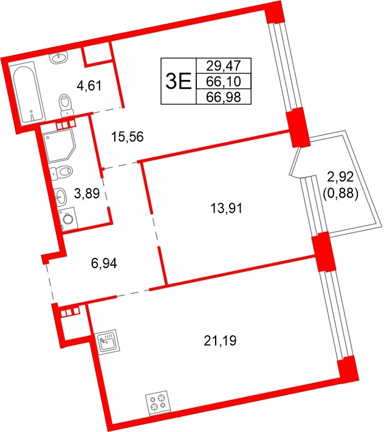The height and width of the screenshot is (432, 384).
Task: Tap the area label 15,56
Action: (128, 137)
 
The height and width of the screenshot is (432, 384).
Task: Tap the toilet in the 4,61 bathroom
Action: (64, 104)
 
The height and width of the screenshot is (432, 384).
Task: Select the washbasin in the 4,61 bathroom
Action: (59, 58)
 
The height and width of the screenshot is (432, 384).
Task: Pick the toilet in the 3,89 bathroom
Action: (61, 171)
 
